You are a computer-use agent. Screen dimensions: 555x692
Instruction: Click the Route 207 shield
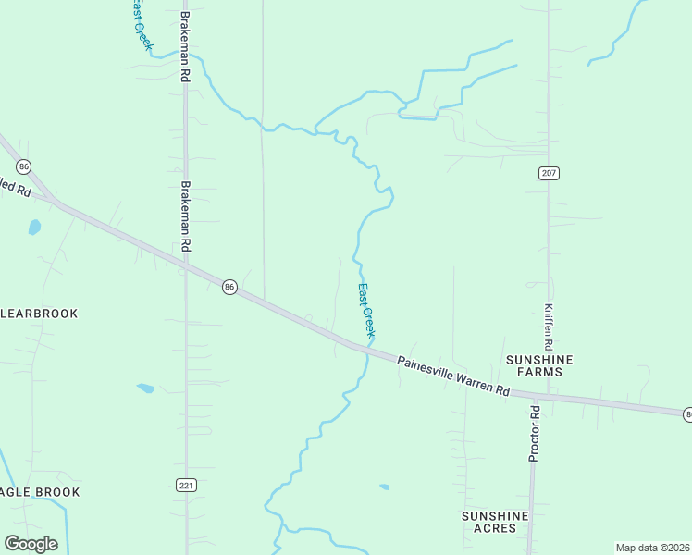pos(549,173)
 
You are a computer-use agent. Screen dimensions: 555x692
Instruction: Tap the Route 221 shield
pos(186,485)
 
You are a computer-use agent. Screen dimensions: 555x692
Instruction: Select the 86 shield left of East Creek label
pos(229,288)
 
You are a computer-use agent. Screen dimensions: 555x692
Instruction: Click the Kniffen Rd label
pos(549,320)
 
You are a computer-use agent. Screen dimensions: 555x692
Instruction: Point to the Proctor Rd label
pos(534,434)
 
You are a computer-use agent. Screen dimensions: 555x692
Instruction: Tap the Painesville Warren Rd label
pos(454,376)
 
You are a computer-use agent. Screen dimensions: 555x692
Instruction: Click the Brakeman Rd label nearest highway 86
pos(186,216)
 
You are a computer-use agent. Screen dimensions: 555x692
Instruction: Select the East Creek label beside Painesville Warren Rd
pos(366,309)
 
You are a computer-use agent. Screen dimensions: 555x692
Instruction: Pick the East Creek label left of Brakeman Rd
pos(140,23)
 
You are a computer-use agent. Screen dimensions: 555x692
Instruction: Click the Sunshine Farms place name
pos(539,365)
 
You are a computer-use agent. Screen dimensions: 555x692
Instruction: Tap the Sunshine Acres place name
pos(495,522)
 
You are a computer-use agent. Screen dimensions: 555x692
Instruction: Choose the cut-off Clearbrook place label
pos(40,314)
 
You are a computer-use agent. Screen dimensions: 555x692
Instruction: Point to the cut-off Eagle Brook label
pos(40,492)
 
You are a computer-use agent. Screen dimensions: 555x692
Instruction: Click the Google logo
pos(31,544)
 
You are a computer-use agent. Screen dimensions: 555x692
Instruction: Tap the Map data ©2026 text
pos(653,548)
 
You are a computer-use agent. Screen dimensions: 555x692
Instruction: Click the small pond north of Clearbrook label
pos(34,227)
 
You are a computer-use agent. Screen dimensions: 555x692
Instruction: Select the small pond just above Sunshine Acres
pos(384,487)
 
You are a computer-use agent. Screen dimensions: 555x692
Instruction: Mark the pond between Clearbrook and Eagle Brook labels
pos(145,388)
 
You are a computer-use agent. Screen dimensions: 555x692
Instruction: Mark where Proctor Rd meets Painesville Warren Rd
pos(534,397)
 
